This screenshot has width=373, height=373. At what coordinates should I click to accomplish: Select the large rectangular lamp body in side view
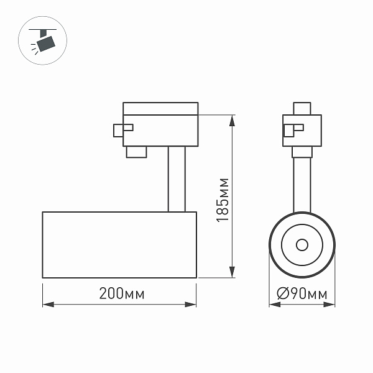119,244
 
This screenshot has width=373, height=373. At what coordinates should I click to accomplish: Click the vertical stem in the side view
176,179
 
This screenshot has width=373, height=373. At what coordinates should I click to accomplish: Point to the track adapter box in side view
160,124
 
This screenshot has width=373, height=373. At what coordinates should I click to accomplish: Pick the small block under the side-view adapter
136,152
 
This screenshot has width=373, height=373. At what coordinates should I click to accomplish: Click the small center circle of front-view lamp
303,244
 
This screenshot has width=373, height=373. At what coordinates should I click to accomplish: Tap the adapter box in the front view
303,130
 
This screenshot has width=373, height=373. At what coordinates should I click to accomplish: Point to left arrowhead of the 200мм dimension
47,305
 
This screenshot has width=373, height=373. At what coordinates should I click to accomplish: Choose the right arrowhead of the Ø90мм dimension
332,305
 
